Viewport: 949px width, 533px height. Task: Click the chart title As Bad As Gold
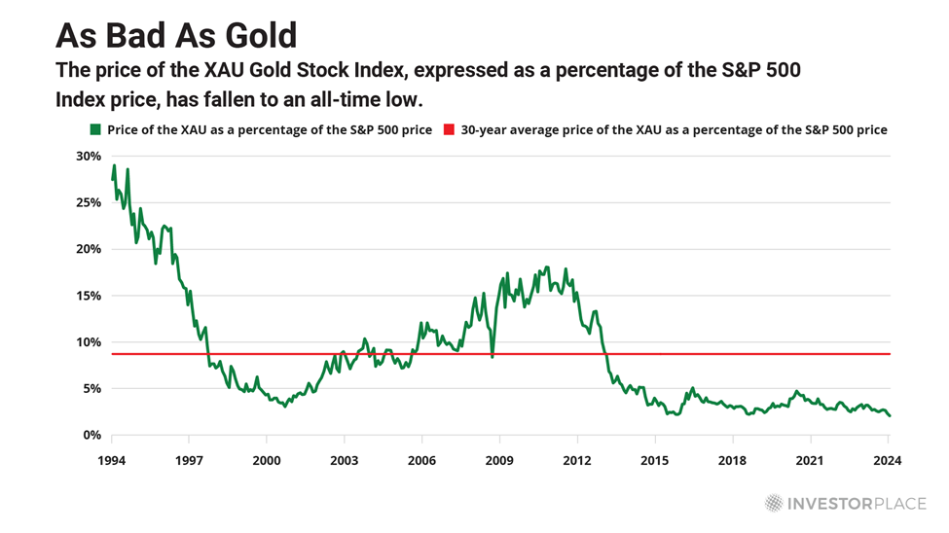pos(175,35)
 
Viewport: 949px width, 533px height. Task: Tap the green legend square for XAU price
pos(94,129)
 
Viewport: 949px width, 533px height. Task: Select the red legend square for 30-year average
pos(448,129)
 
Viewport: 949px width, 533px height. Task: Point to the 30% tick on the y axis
pos(88,156)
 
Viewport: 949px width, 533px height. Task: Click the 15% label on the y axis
pos(88,296)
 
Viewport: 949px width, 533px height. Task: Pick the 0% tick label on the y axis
pos(91,435)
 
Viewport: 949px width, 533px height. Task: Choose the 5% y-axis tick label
pos(91,388)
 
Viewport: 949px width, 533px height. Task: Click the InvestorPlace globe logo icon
pos(774,503)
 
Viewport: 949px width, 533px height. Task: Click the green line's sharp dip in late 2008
pos(493,357)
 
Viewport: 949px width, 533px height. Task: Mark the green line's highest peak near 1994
pos(114,165)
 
